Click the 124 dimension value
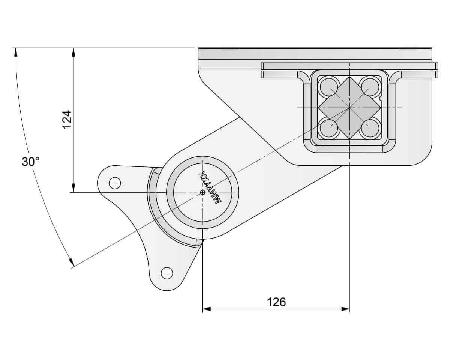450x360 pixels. pyautogui.click(x=66, y=119)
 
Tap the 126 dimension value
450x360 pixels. pyautogui.click(x=276, y=301)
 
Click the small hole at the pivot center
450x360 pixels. pyautogui.click(x=202, y=192)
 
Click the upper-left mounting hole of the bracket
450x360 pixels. pyautogui.click(x=115, y=183)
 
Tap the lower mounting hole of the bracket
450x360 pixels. pyautogui.click(x=166, y=273)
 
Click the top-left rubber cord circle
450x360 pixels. pyautogui.click(x=328, y=86)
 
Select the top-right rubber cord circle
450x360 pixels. pyautogui.click(x=370, y=86)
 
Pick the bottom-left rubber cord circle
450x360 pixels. pyautogui.click(x=328, y=129)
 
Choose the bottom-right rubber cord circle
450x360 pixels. pyautogui.click(x=370, y=129)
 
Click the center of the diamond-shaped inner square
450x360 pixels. pyautogui.click(x=349, y=108)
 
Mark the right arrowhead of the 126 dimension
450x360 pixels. pyautogui.click(x=346, y=309)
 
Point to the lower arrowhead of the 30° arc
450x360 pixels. pyautogui.click(x=70, y=262)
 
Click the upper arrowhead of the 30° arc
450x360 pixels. pyautogui.click(x=16, y=52)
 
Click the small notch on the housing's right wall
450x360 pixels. pyautogui.click(x=381, y=99)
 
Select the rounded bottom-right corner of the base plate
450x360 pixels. pyautogui.click(x=424, y=157)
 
